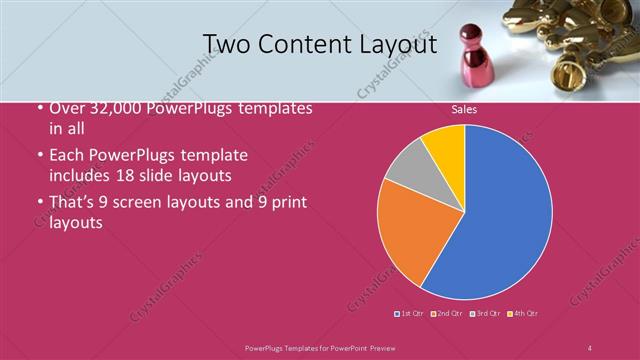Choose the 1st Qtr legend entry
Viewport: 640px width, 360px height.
410,313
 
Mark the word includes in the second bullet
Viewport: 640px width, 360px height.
81,175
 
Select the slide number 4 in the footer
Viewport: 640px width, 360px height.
590,347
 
